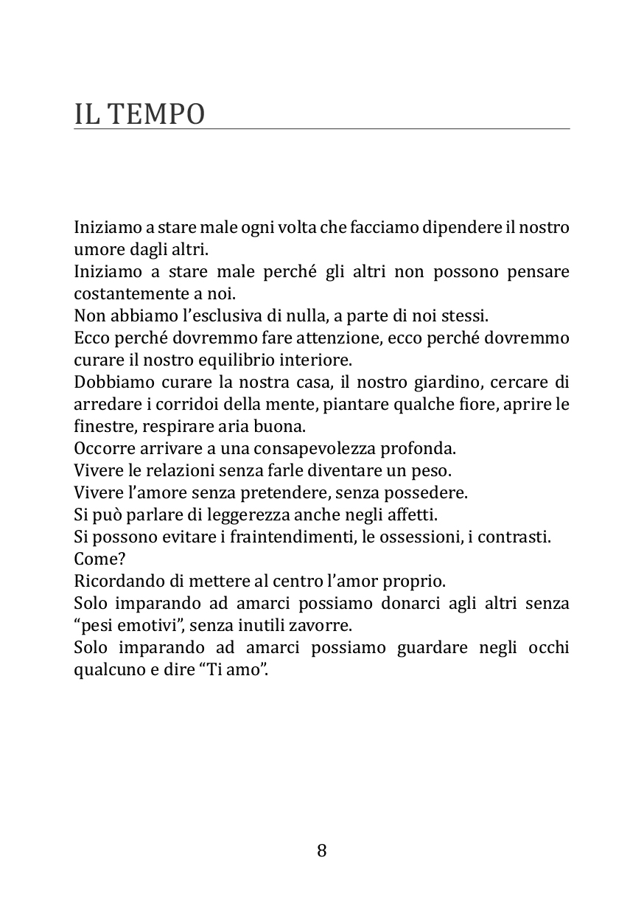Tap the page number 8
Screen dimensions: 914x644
[322, 851]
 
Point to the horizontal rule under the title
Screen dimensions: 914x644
[322, 129]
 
